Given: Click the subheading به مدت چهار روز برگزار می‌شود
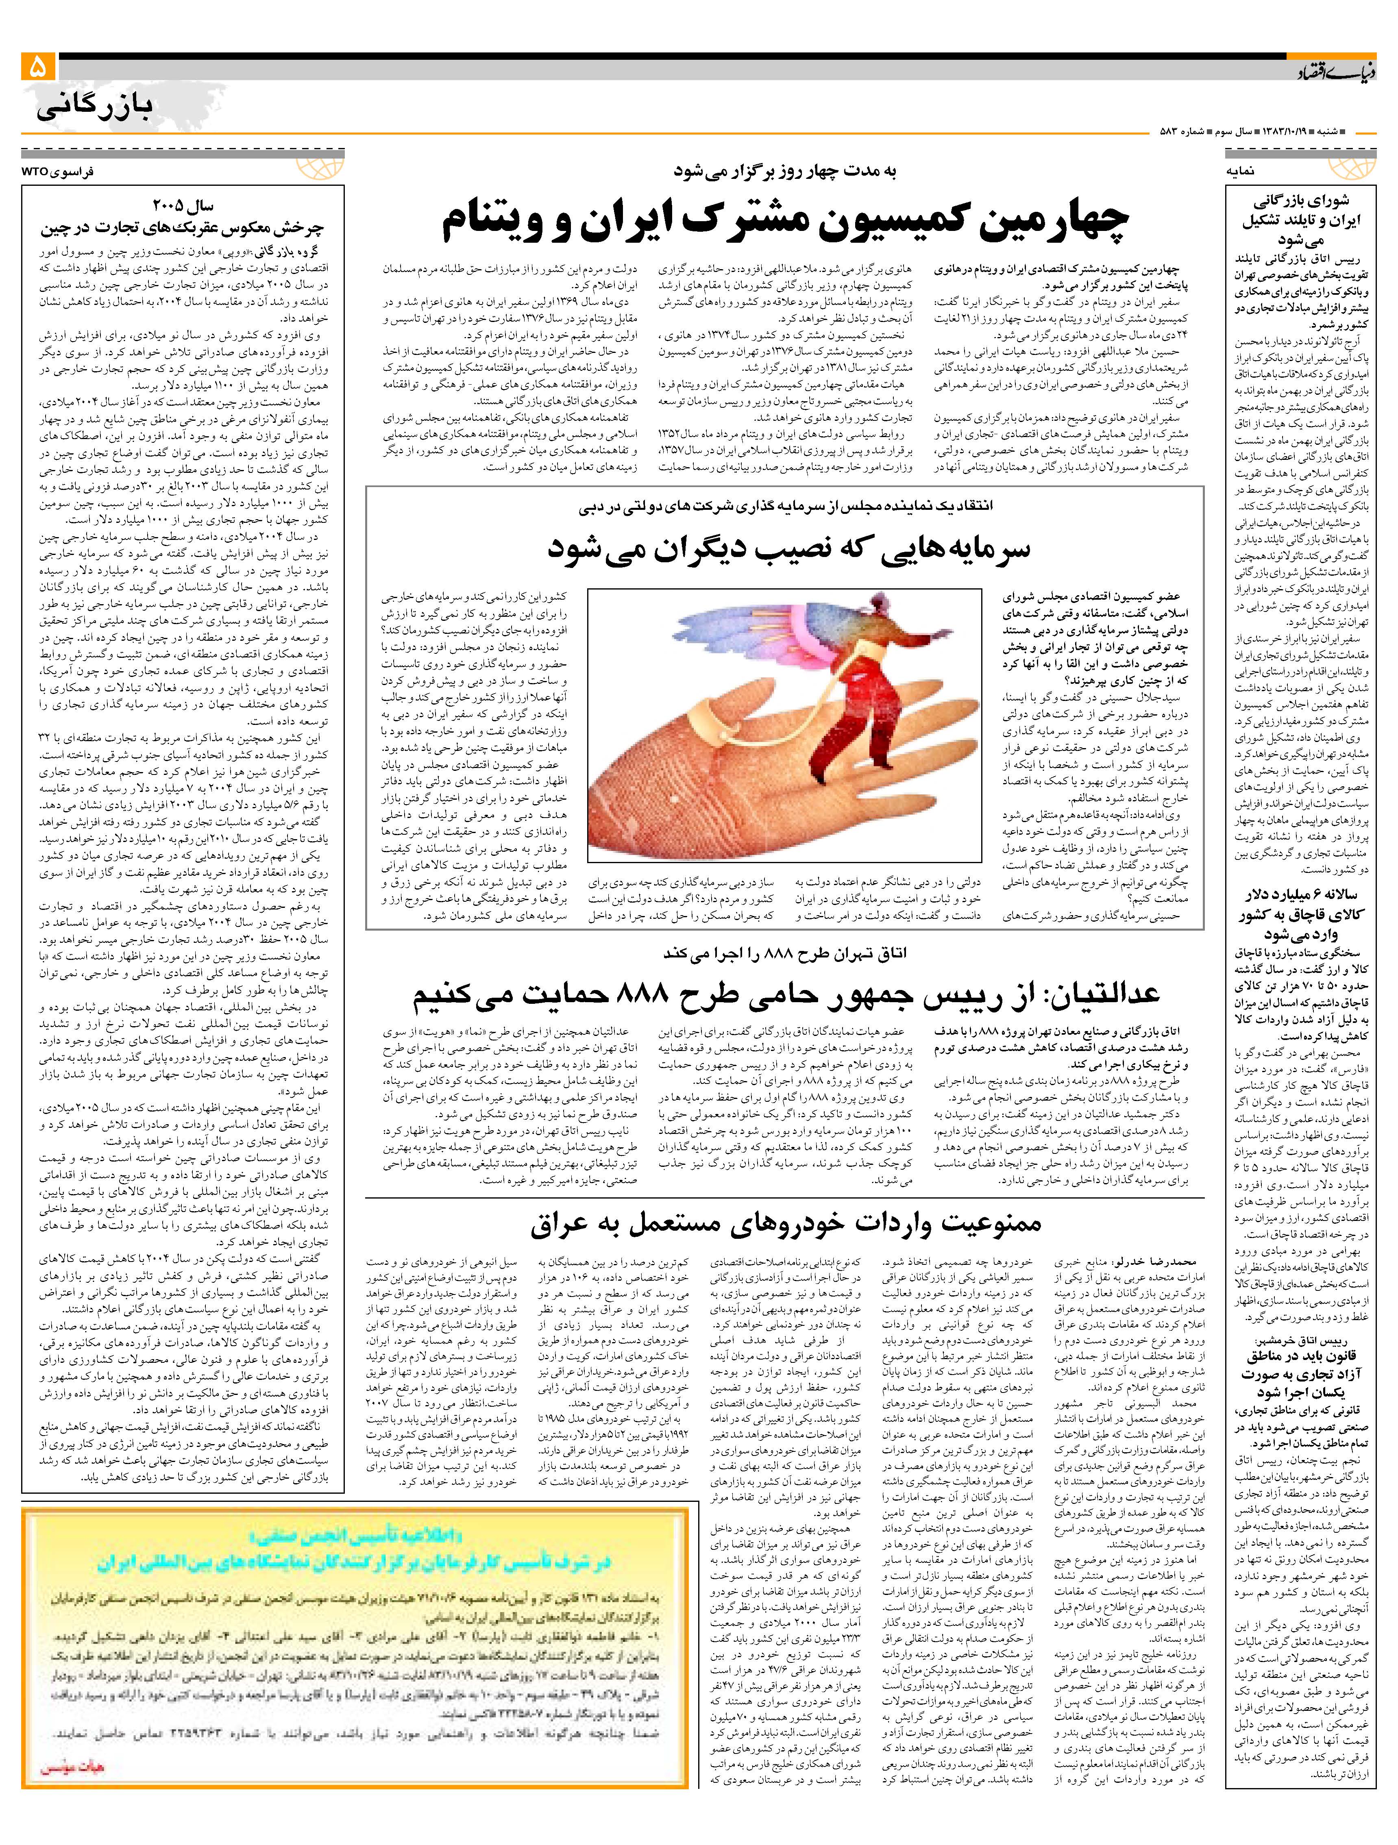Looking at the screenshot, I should pos(784,171).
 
